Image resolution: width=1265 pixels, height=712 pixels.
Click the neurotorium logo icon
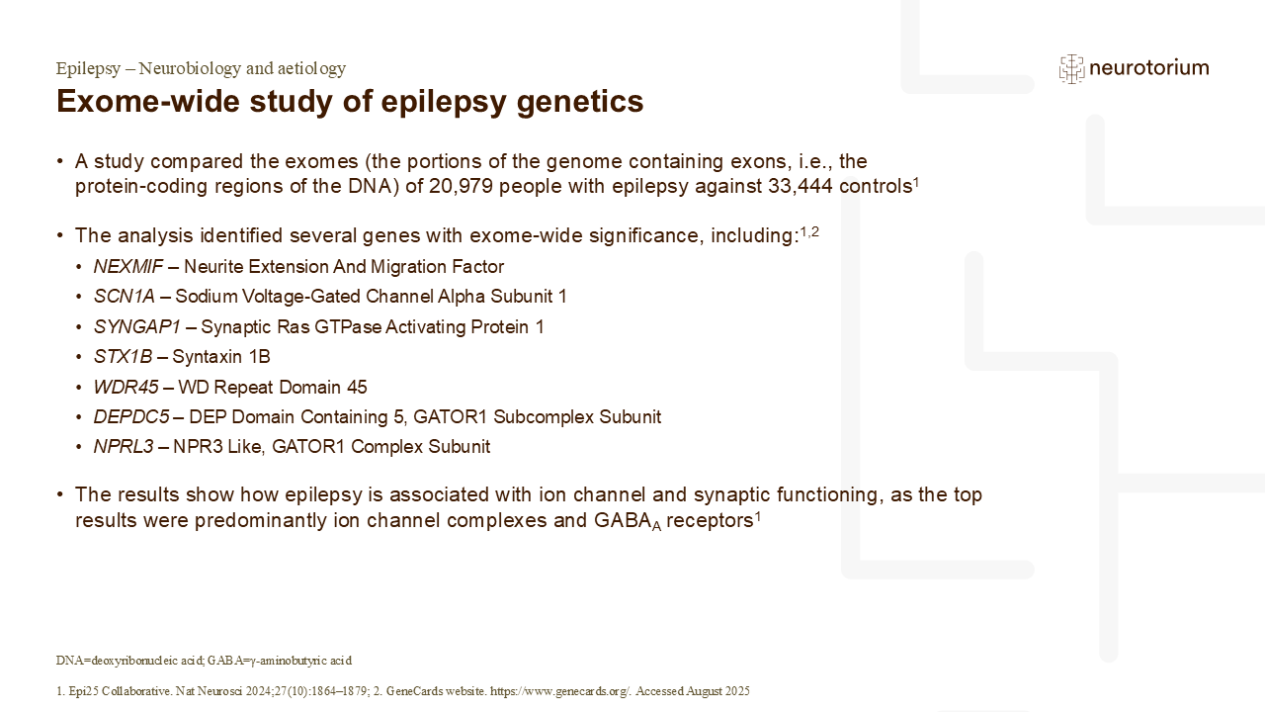pyautogui.click(x=1071, y=69)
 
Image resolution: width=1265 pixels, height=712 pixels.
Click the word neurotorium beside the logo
pyautogui.click(x=1149, y=68)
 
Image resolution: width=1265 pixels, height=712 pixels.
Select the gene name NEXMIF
pyautogui.click(x=128, y=266)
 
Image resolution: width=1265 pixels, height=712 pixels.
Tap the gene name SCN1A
pyautogui.click(x=125, y=296)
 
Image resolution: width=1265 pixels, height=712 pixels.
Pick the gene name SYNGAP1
pyautogui.click(x=137, y=326)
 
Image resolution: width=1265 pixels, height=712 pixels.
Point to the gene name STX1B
pyautogui.click(x=124, y=357)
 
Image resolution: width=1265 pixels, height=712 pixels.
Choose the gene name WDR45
pyautogui.click(x=126, y=387)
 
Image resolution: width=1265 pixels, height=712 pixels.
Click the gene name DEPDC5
pyautogui.click(x=131, y=417)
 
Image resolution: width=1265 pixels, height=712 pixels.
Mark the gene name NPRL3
pyautogui.click(x=124, y=447)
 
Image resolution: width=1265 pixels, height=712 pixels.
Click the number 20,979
pyautogui.click(x=461, y=186)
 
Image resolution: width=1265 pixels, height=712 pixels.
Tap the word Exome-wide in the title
pyautogui.click(x=148, y=101)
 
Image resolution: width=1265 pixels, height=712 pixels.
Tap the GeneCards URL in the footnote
pyautogui.click(x=559, y=691)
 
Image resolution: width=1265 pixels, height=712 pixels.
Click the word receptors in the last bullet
pyautogui.click(x=710, y=520)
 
